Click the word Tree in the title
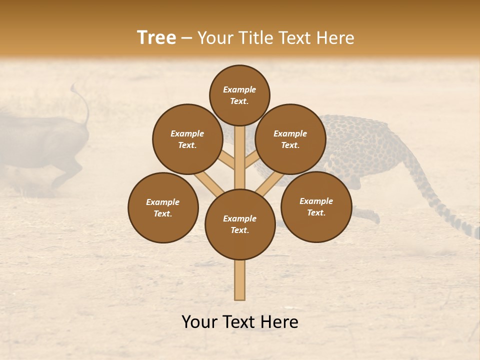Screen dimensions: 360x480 (x=156, y=38)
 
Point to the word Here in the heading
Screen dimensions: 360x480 (x=335, y=38)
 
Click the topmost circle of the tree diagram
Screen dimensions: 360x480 (x=239, y=95)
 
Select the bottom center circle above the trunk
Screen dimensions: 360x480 (x=240, y=224)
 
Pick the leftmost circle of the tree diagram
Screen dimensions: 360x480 (x=163, y=207)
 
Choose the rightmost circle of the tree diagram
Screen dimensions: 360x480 (x=316, y=206)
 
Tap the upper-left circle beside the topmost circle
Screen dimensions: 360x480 (x=187, y=139)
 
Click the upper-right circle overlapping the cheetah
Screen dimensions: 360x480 (x=290, y=139)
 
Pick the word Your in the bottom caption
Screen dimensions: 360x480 (x=199, y=322)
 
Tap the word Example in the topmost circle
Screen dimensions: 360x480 (x=239, y=90)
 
